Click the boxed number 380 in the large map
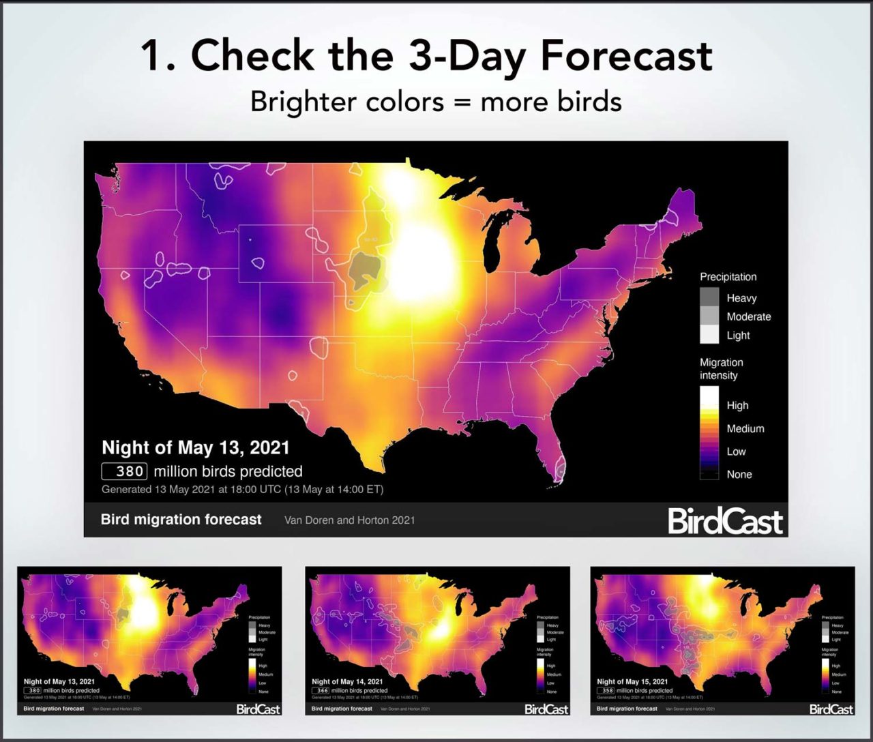click(x=124, y=471)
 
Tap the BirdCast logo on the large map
click(x=725, y=521)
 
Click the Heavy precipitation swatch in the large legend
click(x=709, y=297)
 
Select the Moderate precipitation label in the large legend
click(x=748, y=316)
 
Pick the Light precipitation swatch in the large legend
click(x=709, y=334)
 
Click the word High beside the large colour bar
click(x=737, y=405)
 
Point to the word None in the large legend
click(x=739, y=474)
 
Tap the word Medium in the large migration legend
click(x=745, y=428)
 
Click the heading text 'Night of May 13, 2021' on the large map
click(x=196, y=448)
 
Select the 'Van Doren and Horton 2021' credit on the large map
click(x=349, y=520)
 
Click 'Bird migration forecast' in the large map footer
click(x=181, y=520)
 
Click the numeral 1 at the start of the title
click(x=153, y=55)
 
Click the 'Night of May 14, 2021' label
click(x=347, y=681)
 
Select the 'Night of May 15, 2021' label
click(x=632, y=681)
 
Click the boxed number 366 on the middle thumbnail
click(x=322, y=690)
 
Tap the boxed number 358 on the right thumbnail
click(x=607, y=690)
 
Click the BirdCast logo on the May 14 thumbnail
click(x=546, y=709)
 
